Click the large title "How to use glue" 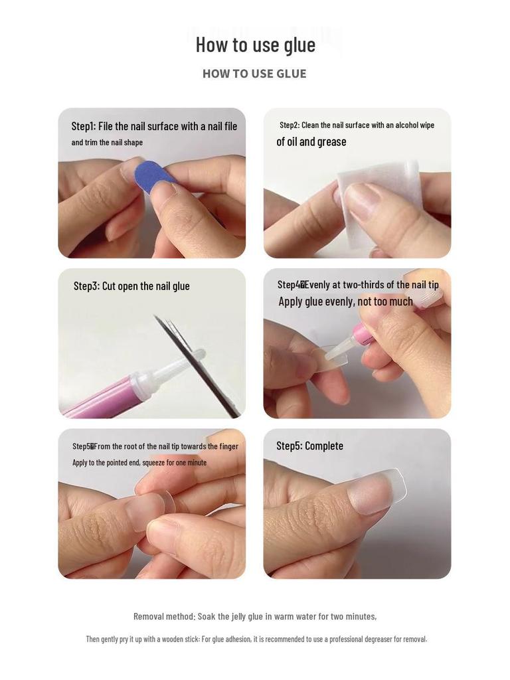pos(255,44)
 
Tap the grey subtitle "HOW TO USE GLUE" pos(254,74)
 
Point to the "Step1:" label pos(84,126)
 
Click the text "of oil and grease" pos(311,141)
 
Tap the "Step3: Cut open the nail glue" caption pos(131,286)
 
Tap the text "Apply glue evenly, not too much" pos(345,301)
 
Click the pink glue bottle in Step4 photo pos(364,333)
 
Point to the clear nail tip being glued pos(332,359)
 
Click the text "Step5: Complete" pos(309,446)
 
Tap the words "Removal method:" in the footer pos(164,616)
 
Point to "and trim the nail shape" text pos(107,143)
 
